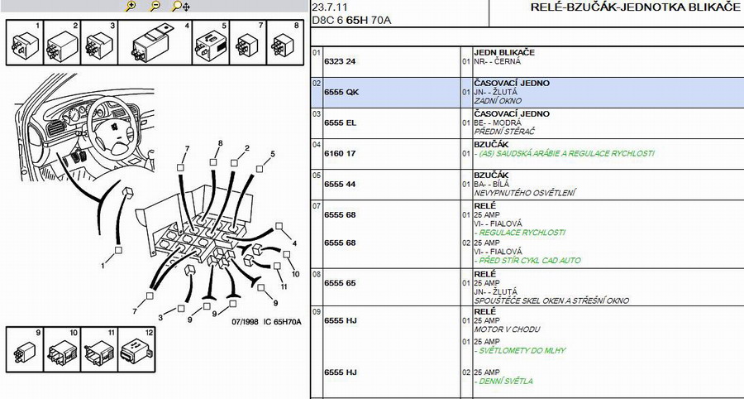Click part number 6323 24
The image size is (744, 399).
[x=340, y=61]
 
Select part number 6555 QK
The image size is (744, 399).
[x=341, y=92]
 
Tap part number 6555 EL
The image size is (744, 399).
[x=341, y=123]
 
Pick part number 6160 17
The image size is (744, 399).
[x=340, y=153]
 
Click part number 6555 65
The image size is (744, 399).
[x=341, y=283]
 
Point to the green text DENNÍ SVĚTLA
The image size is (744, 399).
[x=503, y=381]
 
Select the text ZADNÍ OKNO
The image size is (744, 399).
[x=498, y=101]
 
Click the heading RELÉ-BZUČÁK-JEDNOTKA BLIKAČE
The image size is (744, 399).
[x=635, y=7]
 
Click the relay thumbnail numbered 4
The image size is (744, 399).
[x=155, y=43]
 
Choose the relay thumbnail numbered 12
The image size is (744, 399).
[x=136, y=349]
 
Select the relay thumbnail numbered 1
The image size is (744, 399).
[x=25, y=43]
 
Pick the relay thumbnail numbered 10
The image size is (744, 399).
[x=62, y=349]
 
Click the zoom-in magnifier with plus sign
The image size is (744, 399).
[x=131, y=6]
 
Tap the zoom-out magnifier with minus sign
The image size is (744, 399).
[x=155, y=6]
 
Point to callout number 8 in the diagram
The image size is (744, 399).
[x=220, y=143]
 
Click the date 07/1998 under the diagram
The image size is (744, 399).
[x=245, y=321]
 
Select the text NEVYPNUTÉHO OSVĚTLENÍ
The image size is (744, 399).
[x=525, y=193]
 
